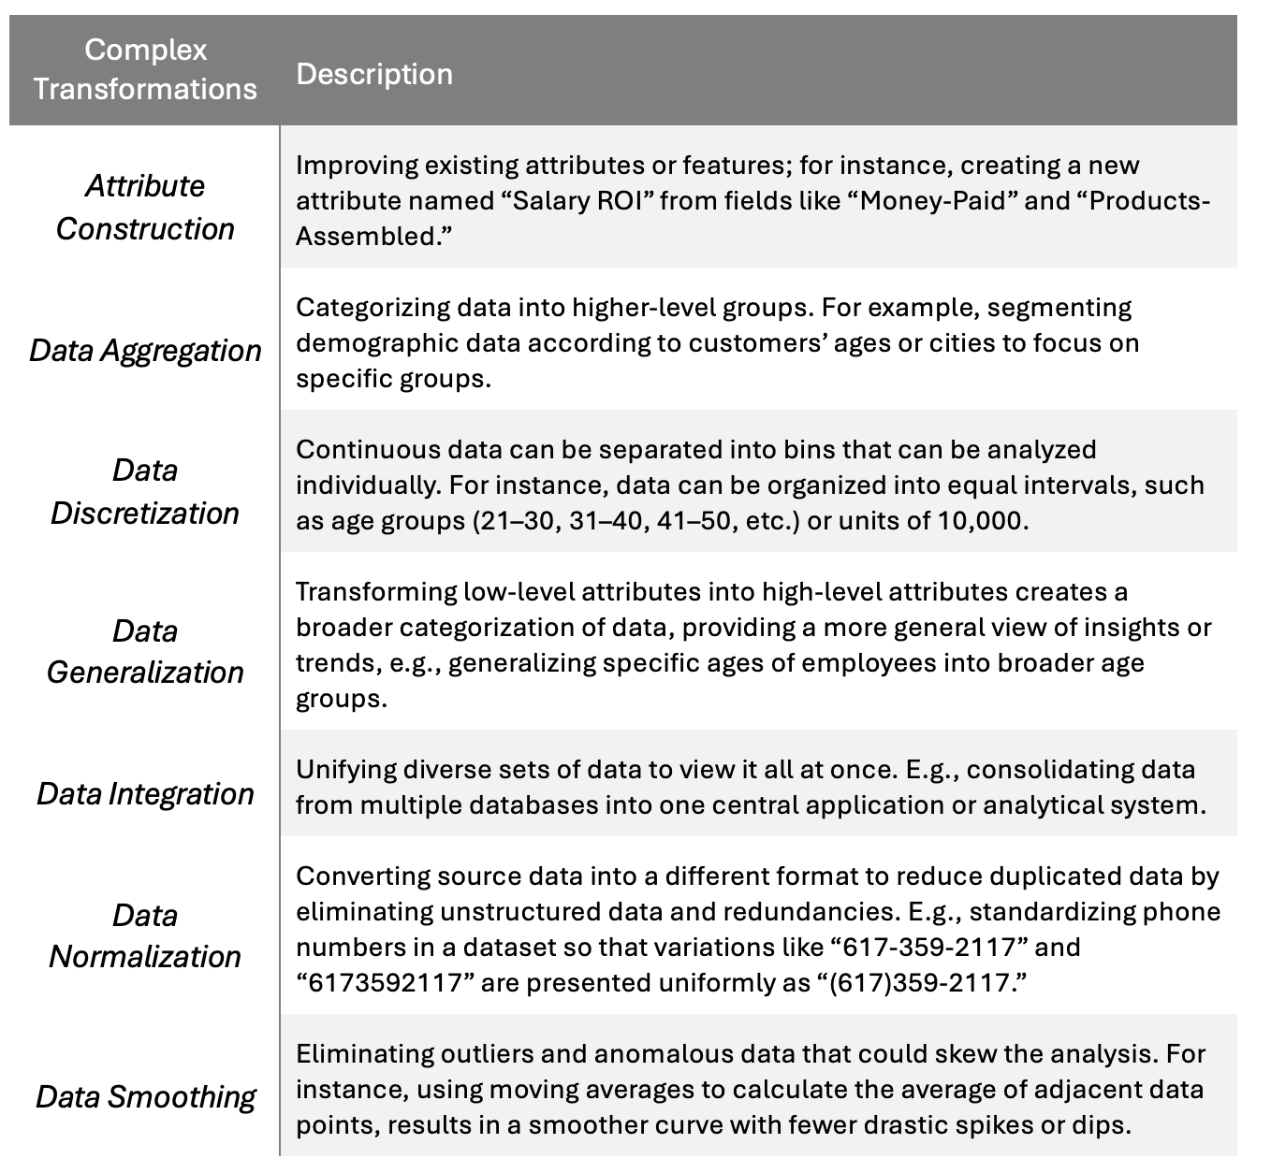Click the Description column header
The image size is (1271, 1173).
click(x=374, y=75)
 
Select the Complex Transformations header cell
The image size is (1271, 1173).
click(x=145, y=69)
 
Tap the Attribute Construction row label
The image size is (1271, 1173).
click(x=145, y=207)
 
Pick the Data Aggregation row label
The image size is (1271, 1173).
click(x=145, y=351)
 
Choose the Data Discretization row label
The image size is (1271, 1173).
click(x=145, y=491)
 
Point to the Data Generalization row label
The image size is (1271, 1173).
click(x=145, y=651)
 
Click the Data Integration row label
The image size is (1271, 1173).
click(x=145, y=794)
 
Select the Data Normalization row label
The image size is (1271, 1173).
click(x=145, y=935)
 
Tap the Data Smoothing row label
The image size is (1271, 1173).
click(x=145, y=1097)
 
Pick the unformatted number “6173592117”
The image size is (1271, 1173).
click(x=384, y=983)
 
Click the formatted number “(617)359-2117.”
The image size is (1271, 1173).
click(x=923, y=983)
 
